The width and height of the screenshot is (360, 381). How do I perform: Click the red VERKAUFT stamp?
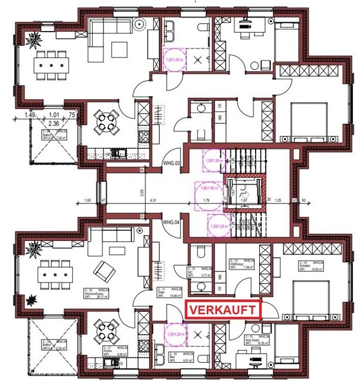(223, 309)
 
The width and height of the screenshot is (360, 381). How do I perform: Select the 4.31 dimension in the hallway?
(154, 201)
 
